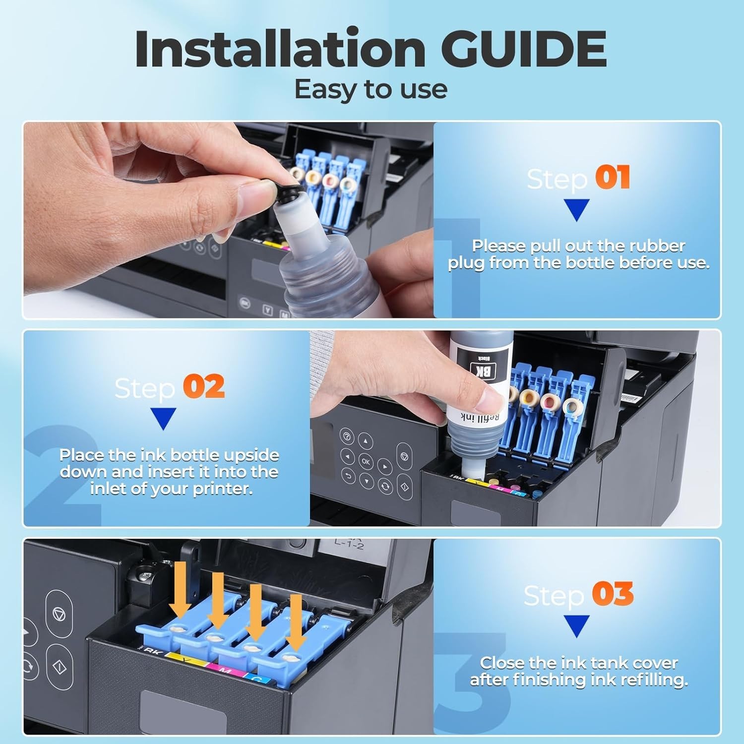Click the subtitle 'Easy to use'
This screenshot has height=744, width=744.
point(371,90)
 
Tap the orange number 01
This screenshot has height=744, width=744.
point(613,178)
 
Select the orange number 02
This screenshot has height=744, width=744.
point(203,386)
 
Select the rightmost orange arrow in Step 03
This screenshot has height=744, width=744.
point(296,622)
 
